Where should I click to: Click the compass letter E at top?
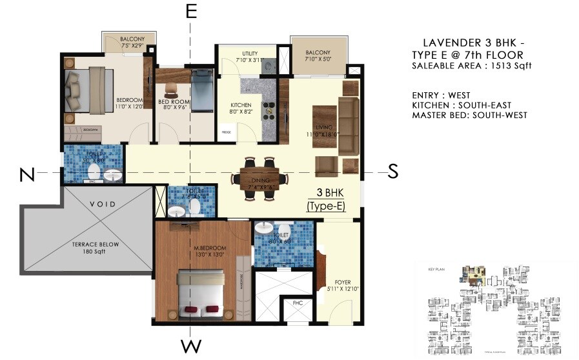click(190, 12)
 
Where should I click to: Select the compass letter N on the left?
click(26, 174)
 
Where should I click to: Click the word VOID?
click(102, 204)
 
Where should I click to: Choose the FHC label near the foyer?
click(298, 302)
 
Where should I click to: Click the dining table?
click(259, 177)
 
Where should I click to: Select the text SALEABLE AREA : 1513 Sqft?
click(472, 66)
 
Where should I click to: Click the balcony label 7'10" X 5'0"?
click(318, 56)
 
